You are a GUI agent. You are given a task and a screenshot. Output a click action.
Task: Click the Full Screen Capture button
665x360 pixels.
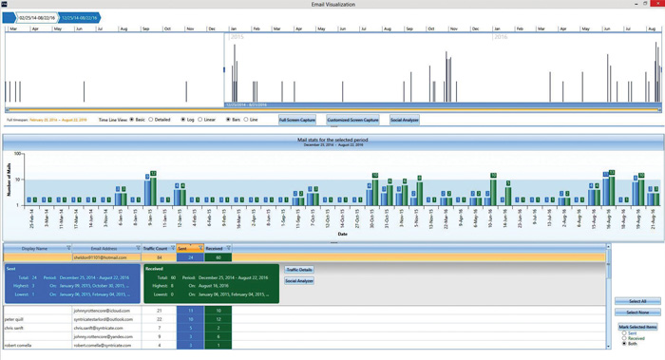(x=295, y=121)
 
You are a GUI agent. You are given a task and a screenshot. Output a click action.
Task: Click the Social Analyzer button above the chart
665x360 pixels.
(x=405, y=121)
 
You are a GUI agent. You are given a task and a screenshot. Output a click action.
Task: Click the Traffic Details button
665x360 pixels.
(x=299, y=271)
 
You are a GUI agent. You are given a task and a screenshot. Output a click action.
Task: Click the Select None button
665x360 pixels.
(x=636, y=313)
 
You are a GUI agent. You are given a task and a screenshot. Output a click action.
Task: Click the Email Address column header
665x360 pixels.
(x=104, y=248)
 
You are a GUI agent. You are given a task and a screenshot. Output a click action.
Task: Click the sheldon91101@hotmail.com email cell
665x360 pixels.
(x=104, y=257)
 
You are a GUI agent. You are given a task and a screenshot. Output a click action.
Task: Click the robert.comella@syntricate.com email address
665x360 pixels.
(x=104, y=346)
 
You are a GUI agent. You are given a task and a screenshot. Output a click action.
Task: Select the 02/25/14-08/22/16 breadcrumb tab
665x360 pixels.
(x=36, y=18)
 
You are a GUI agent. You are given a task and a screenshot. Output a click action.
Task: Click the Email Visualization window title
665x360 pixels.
(x=332, y=5)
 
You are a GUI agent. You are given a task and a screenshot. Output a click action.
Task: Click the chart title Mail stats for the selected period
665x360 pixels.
(x=332, y=141)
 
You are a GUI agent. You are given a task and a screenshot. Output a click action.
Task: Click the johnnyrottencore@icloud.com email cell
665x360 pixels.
(x=104, y=311)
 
